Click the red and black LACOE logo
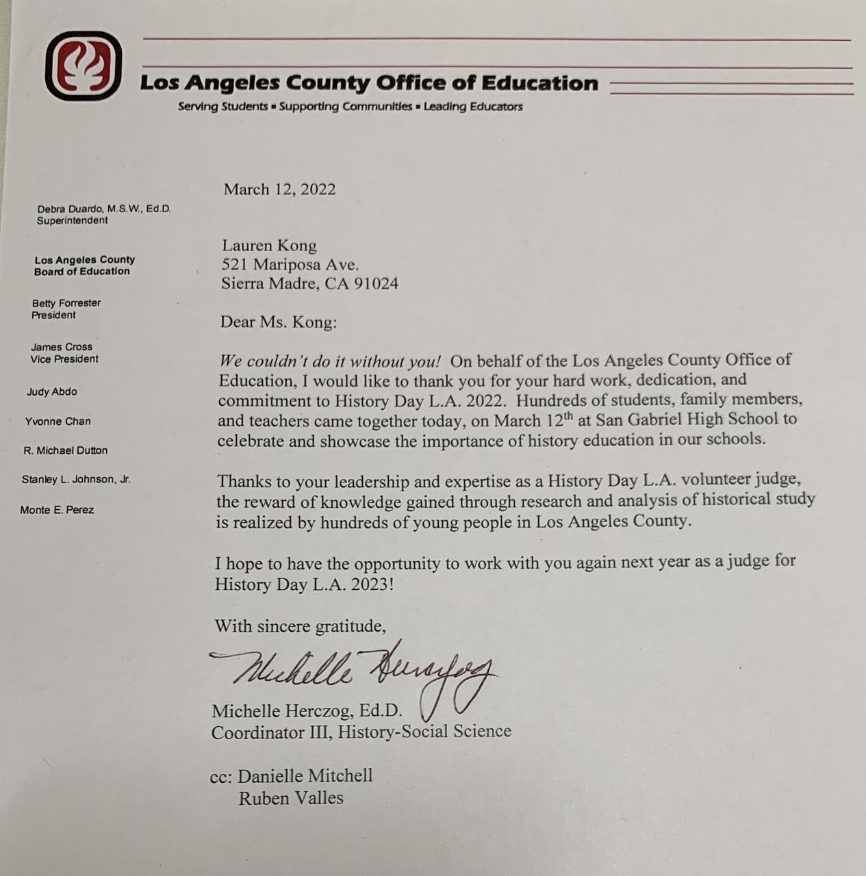(x=84, y=66)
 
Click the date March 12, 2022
(x=279, y=190)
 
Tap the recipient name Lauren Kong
(x=269, y=246)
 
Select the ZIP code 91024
(x=376, y=284)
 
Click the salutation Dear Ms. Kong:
(x=278, y=322)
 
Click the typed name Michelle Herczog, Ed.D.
(x=307, y=711)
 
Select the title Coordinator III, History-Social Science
(x=361, y=732)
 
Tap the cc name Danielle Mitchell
(x=305, y=776)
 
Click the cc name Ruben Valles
(x=291, y=798)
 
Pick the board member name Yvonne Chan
(x=58, y=422)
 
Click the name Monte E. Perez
(x=57, y=510)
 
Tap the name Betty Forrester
(x=66, y=303)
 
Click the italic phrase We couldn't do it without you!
(x=330, y=361)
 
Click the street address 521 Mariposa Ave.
(x=290, y=265)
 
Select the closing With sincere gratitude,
(x=300, y=626)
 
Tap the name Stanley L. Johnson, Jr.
(x=76, y=480)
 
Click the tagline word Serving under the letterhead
(x=198, y=107)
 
